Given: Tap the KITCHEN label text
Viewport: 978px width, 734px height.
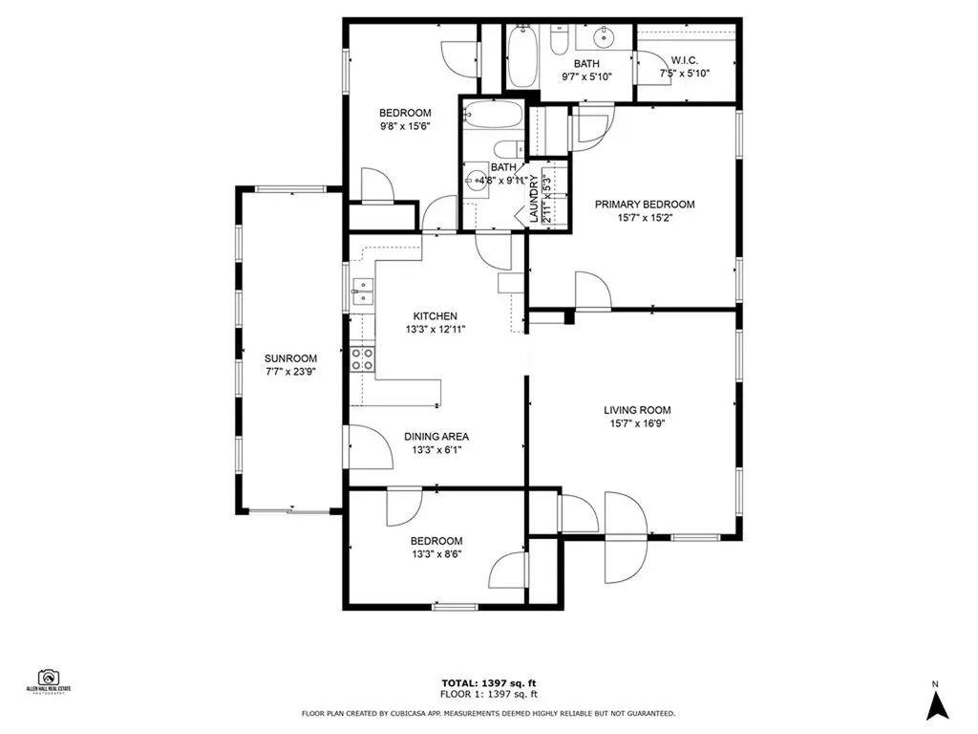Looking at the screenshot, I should (x=435, y=316).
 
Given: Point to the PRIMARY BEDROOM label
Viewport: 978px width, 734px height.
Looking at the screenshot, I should (x=645, y=205).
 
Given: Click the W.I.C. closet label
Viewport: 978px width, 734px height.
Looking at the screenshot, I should (x=684, y=59).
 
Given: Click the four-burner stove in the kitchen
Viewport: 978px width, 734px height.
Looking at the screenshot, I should (x=363, y=358).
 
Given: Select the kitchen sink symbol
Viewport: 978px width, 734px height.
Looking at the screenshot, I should (x=362, y=290).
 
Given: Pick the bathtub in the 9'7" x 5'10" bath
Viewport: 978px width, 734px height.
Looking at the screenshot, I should (x=522, y=54).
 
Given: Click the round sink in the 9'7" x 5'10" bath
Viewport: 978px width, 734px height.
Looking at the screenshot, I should (x=603, y=38).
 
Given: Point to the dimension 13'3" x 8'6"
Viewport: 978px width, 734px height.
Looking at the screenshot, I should (x=436, y=554).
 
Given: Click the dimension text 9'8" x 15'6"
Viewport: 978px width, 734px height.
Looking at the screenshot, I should (x=406, y=126).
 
